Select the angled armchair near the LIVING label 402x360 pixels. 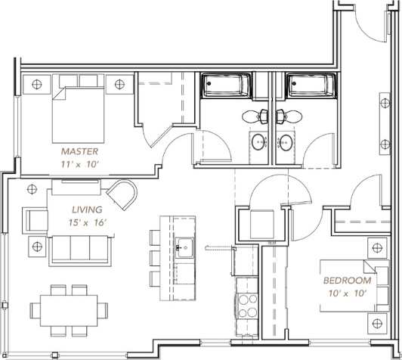tap(122, 193)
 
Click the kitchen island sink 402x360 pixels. tap(183, 245)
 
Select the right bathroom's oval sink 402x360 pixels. tap(286, 141)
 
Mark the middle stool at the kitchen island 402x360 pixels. tap(153, 257)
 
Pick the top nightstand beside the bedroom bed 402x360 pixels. tap(375, 247)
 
